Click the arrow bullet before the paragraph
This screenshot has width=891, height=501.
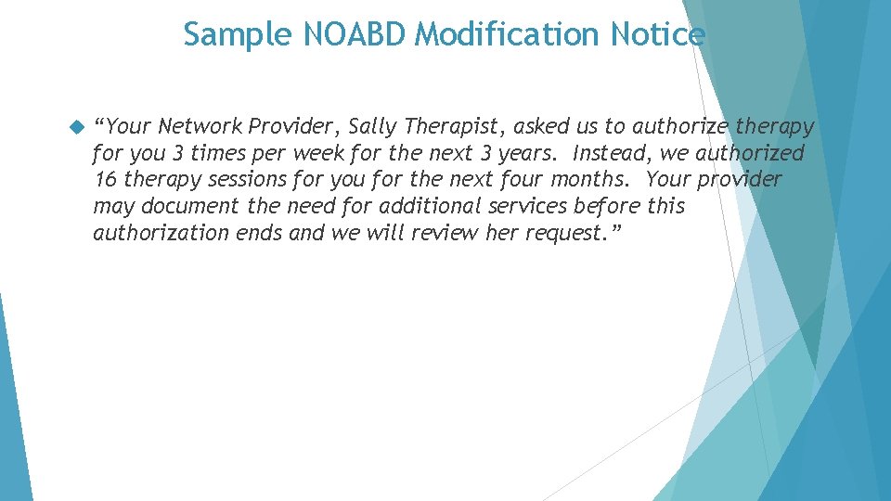76,126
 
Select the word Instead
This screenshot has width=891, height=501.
612,153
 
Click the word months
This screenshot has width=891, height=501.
590,179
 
